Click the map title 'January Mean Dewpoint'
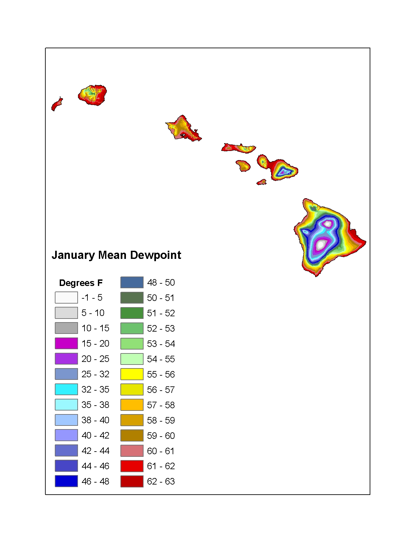pyautogui.click(x=116, y=255)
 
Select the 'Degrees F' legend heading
pyautogui.click(x=81, y=283)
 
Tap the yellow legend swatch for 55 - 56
pyautogui.click(x=132, y=374)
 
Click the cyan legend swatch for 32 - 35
pyautogui.click(x=67, y=389)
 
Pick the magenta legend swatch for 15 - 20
pyautogui.click(x=67, y=343)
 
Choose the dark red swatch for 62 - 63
pyautogui.click(x=132, y=481)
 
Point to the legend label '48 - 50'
pyautogui.click(x=161, y=282)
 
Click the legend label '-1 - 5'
pyautogui.click(x=92, y=298)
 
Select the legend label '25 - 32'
pyautogui.click(x=95, y=374)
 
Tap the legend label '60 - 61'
pyautogui.click(x=161, y=451)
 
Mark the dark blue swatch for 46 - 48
pyautogui.click(x=67, y=481)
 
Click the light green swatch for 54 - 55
pyautogui.click(x=132, y=359)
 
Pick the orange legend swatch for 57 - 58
pyautogui.click(x=132, y=405)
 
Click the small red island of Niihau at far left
pyautogui.click(x=57, y=104)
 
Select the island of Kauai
pyautogui.click(x=92, y=95)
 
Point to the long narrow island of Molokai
pyautogui.click(x=239, y=148)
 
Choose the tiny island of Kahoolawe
pyautogui.click(x=262, y=183)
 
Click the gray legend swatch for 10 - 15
pyautogui.click(x=67, y=328)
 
